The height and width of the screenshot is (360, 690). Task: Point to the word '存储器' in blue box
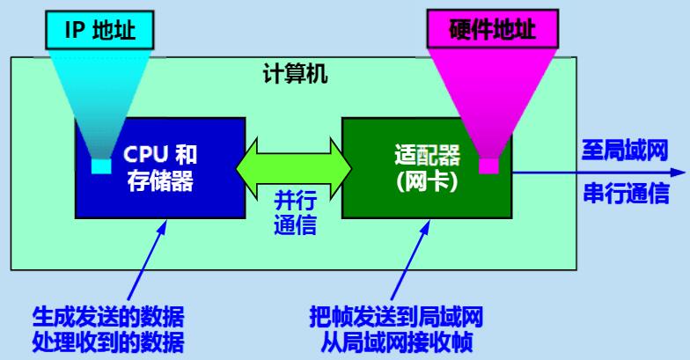tap(160, 182)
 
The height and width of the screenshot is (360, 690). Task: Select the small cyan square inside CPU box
tap(102, 165)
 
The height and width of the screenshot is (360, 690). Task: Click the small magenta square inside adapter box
tap(488, 165)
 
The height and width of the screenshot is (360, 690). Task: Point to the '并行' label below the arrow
tap(293, 198)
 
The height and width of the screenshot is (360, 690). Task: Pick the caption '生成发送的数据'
tap(107, 316)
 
